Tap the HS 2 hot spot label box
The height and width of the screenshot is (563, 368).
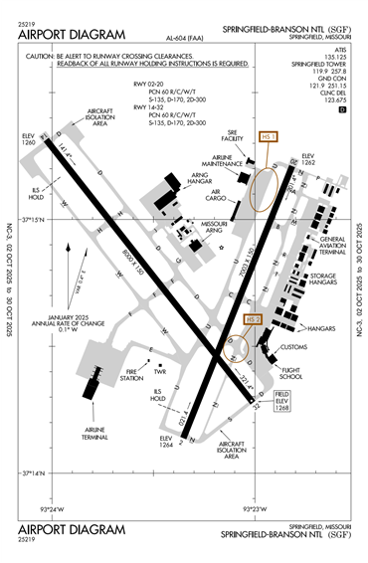coord(253,319)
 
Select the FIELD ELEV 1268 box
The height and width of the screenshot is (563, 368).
coord(280,401)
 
